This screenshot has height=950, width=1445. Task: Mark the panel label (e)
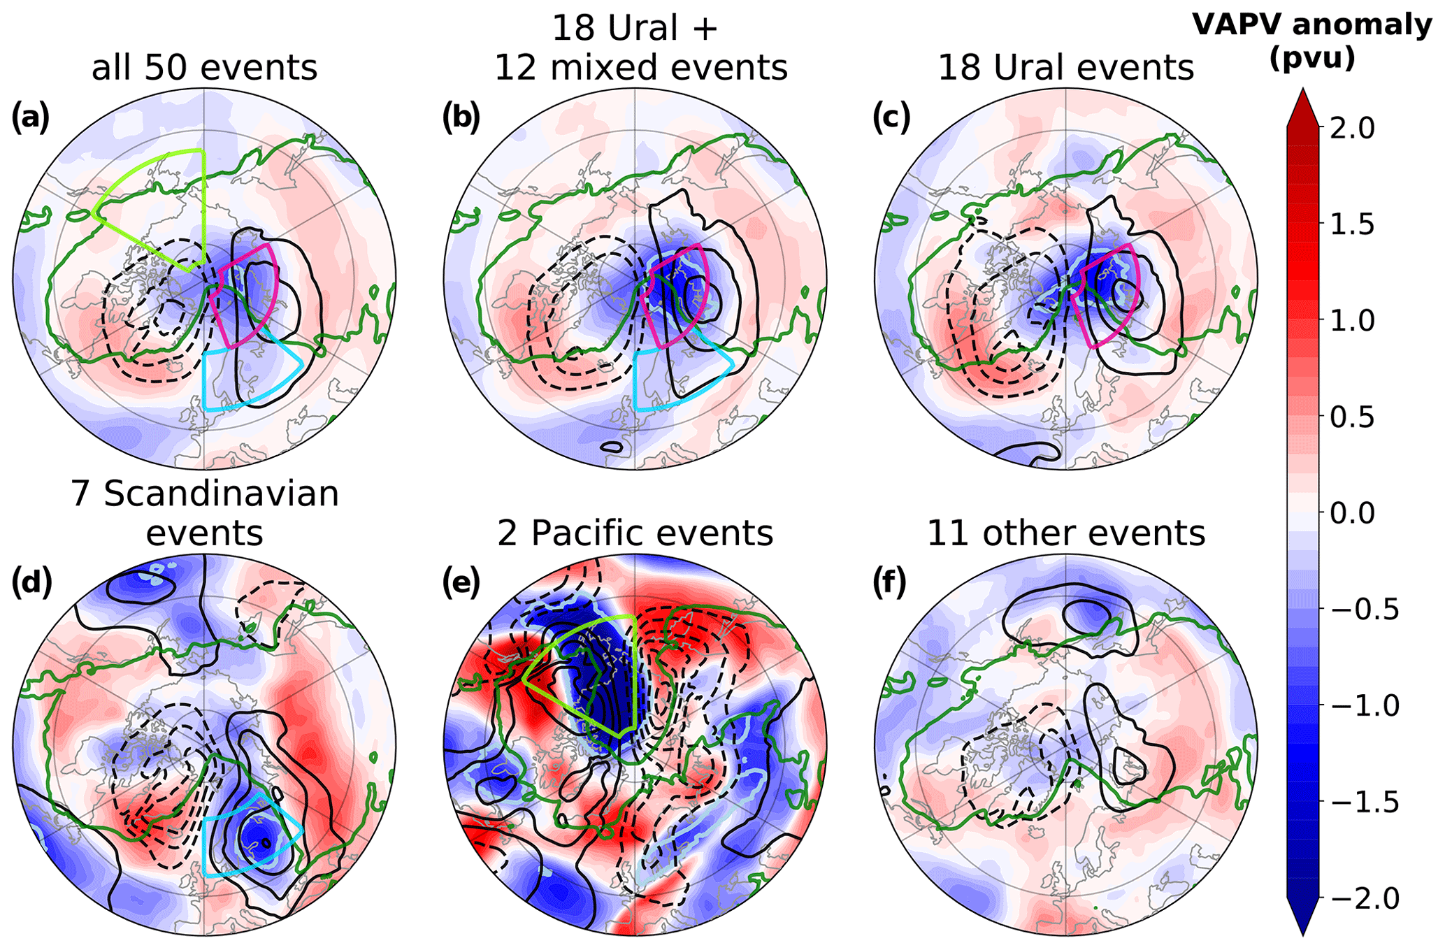click(461, 583)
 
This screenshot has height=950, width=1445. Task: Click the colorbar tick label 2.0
click(1353, 129)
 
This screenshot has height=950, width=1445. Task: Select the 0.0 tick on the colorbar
click(1353, 513)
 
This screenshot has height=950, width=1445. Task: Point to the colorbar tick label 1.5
click(1353, 225)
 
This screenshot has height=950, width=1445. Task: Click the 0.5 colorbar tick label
click(1353, 417)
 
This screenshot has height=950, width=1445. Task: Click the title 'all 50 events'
click(204, 69)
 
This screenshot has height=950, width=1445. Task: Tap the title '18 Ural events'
click(1065, 69)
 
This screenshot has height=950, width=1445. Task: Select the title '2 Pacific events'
click(635, 533)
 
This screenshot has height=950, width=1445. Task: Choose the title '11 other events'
click(1065, 533)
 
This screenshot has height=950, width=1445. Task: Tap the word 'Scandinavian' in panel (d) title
click(221, 494)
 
